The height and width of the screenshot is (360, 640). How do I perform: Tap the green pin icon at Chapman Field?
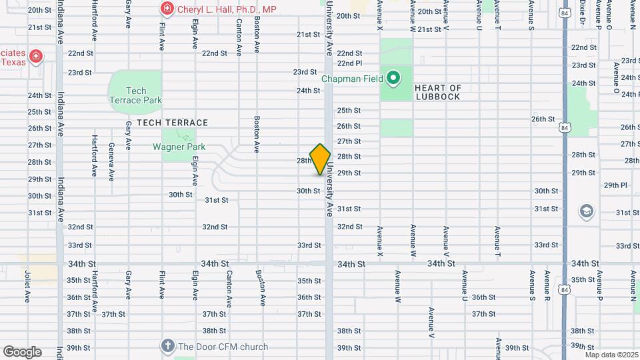[393, 79]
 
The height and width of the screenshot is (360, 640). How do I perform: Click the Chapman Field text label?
[352, 79]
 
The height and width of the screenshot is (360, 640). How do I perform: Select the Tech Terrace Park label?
[135, 95]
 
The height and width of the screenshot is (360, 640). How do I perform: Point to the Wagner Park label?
[179, 147]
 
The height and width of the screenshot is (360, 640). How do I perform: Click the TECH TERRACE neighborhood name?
[173, 123]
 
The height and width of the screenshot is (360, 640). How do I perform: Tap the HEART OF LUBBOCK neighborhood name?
[437, 92]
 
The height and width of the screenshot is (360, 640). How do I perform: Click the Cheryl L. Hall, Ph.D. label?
[227, 9]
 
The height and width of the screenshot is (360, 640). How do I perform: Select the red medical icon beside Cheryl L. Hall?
[167, 9]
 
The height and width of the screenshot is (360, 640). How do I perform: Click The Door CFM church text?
[223, 347]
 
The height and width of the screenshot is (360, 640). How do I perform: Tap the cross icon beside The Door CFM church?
[167, 347]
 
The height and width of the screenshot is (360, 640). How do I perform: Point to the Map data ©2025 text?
[613, 355]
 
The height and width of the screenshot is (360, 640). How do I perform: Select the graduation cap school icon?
[587, 212]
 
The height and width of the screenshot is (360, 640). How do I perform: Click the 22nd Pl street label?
[349, 63]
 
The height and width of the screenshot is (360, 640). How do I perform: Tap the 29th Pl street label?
[615, 185]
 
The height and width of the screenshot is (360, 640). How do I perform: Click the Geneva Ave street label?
[111, 162]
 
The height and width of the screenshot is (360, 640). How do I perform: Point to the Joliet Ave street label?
[28, 285]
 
